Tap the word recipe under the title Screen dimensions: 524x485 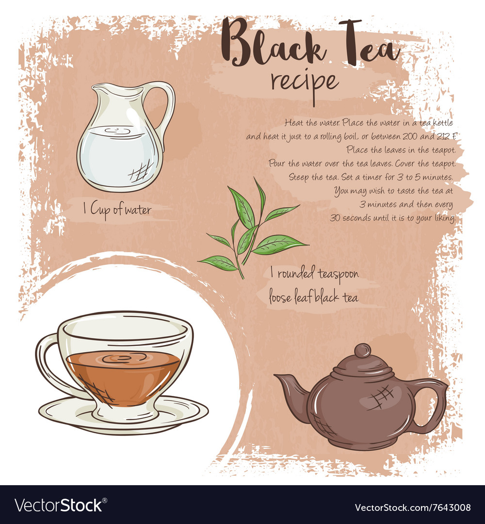tap(304, 81)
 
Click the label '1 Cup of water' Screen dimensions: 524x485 tap(117, 210)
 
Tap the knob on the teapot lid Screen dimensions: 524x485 tap(362, 350)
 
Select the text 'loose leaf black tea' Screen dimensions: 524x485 tap(314, 297)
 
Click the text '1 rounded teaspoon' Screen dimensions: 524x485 tap(314, 274)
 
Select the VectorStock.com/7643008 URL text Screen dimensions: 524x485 tap(413, 508)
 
